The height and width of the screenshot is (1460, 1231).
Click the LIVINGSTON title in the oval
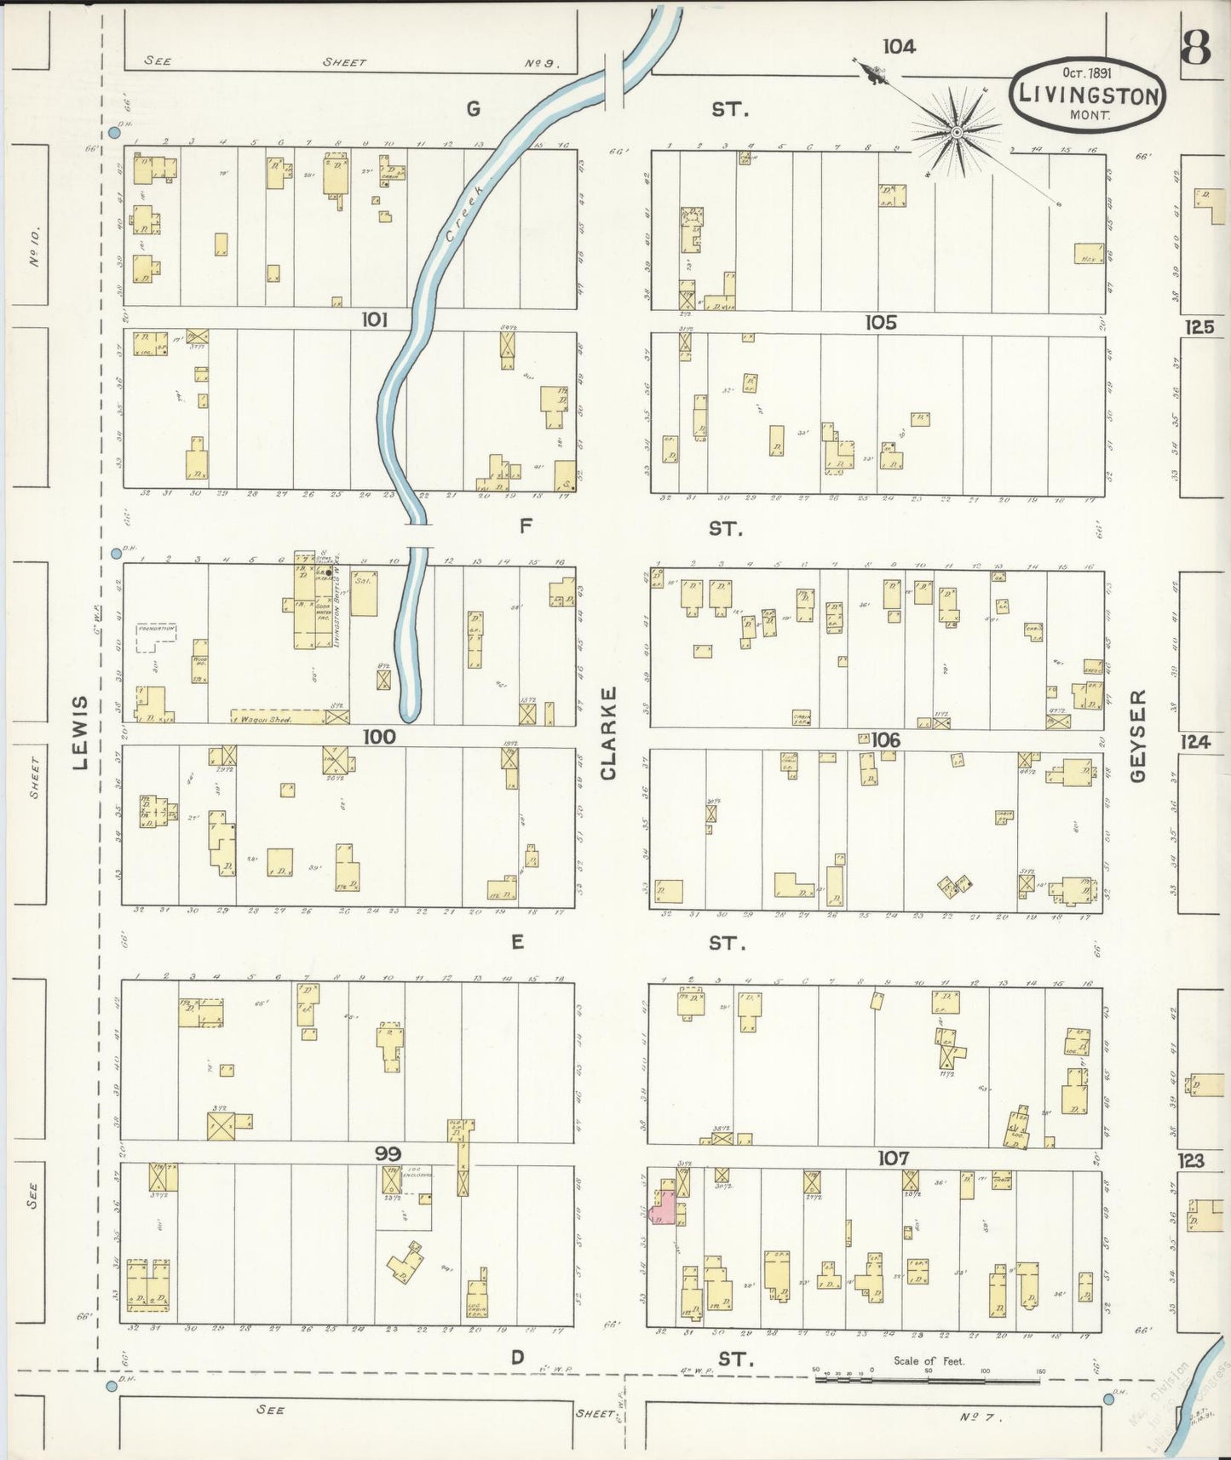[x=1086, y=95]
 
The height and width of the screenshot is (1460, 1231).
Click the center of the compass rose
[x=957, y=132]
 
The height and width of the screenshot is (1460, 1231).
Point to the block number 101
[x=375, y=319]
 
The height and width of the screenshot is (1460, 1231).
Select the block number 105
[x=881, y=322]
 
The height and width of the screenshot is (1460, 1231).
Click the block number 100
[x=379, y=736]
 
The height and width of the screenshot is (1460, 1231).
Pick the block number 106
[x=885, y=739]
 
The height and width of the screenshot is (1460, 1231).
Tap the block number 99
[x=388, y=1153]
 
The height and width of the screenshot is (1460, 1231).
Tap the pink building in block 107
[x=663, y=1210]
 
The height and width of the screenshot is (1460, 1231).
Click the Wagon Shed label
[x=269, y=719]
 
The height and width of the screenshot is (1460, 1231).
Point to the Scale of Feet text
[x=929, y=1360]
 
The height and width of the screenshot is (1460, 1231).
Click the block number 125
[x=1199, y=326]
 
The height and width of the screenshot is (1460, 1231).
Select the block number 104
[x=899, y=46]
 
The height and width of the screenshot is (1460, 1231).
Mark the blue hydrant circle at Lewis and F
[x=116, y=554]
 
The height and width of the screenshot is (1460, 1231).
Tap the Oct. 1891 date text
[x=1086, y=73]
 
